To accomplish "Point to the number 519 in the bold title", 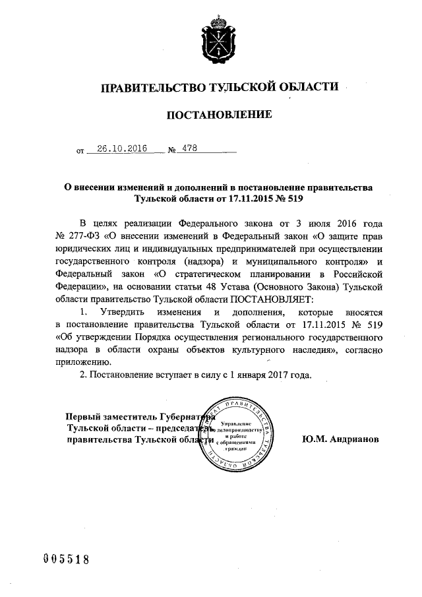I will pyautogui.click(x=294, y=198).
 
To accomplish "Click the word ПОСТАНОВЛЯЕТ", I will pyautogui.click(x=274, y=299).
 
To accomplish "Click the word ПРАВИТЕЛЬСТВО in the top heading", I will pyautogui.click(x=151, y=86).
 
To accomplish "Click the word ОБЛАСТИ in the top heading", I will pyautogui.click(x=309, y=86).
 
